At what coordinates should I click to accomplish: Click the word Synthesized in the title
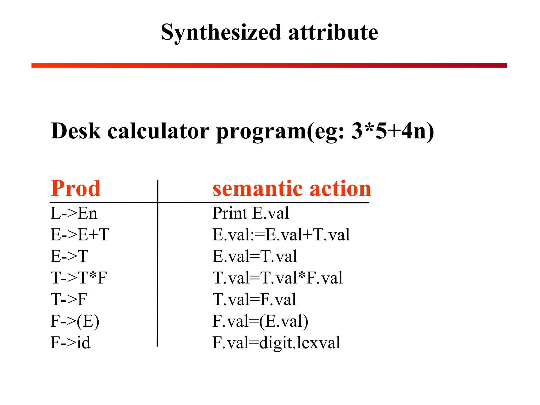(x=221, y=33)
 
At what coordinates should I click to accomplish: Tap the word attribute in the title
(x=333, y=33)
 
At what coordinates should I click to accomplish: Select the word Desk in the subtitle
(x=76, y=131)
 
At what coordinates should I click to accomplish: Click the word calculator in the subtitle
(x=158, y=131)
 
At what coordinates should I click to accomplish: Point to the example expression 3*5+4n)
(x=392, y=131)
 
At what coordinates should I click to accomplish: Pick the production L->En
(x=74, y=213)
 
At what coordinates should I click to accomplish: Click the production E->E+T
(x=80, y=234)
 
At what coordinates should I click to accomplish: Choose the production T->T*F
(x=79, y=278)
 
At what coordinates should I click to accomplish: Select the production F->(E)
(x=75, y=321)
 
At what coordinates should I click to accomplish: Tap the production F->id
(x=70, y=343)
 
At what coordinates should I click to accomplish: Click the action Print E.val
(x=250, y=213)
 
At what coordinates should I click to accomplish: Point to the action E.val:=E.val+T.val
(x=281, y=234)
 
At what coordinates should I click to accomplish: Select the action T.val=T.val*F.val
(x=277, y=278)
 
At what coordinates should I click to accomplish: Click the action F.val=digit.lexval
(x=276, y=343)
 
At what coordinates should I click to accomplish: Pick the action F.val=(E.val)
(x=260, y=321)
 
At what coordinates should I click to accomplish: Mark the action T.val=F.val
(x=254, y=299)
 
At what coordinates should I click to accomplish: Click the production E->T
(x=69, y=256)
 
